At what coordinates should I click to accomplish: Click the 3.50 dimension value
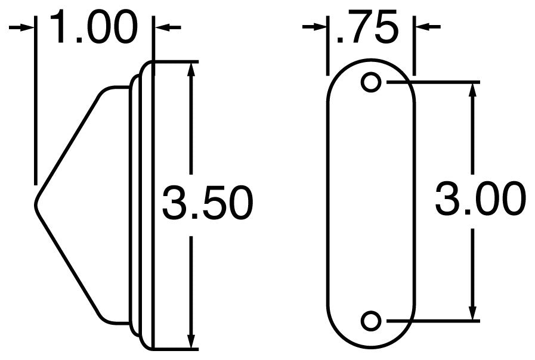click(207, 203)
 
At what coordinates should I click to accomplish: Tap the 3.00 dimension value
click(480, 199)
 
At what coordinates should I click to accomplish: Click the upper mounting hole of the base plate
click(372, 82)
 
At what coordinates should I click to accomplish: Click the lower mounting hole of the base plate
click(372, 321)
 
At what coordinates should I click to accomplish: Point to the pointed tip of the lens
click(35, 201)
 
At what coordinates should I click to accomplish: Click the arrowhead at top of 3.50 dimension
click(191, 67)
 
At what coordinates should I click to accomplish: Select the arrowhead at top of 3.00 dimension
click(472, 88)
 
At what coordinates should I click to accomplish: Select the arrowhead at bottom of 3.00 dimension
click(472, 314)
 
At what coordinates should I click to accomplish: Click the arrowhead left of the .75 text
click(321, 27)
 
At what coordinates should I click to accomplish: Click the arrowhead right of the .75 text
click(421, 27)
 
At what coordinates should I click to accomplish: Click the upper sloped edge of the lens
click(69, 139)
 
